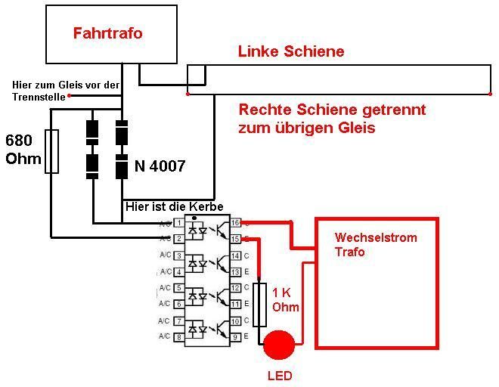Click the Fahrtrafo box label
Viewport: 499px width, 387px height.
click(x=107, y=33)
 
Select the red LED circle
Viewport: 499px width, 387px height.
click(x=279, y=345)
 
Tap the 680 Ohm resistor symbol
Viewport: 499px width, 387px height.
click(x=51, y=151)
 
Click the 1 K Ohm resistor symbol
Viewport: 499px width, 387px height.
click(x=260, y=305)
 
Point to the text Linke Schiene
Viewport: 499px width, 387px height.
click(x=291, y=51)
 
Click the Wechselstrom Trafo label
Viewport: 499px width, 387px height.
click(x=364, y=244)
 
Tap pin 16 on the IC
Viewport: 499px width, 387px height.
click(x=235, y=223)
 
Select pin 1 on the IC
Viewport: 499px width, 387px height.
click(x=178, y=223)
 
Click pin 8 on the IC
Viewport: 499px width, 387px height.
click(x=178, y=336)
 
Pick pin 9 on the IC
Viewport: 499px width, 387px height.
click(x=235, y=336)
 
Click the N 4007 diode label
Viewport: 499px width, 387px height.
click(x=160, y=166)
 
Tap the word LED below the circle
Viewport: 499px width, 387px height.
click(x=279, y=376)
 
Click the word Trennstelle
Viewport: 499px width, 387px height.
click(x=37, y=96)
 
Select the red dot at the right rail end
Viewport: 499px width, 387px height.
click(x=488, y=94)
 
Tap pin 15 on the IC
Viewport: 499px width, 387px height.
click(x=235, y=239)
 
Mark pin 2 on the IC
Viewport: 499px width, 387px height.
click(x=178, y=239)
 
